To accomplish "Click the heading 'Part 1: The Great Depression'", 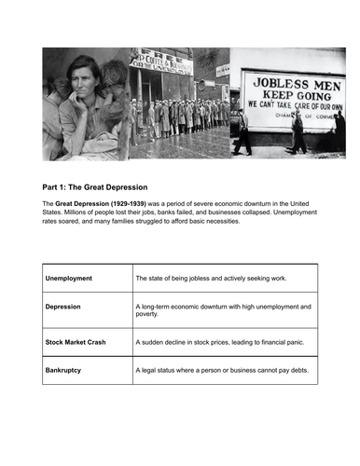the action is pos(101,186).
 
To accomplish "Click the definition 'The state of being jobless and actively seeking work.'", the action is pos(216,278).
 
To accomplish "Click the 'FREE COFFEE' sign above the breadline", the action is pos(163,60).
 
